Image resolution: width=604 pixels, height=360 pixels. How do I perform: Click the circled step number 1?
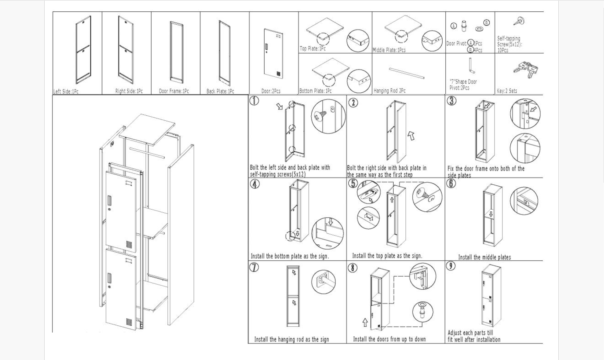click(254, 101)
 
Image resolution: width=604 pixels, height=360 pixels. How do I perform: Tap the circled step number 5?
click(353, 183)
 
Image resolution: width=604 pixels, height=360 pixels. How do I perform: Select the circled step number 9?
click(451, 266)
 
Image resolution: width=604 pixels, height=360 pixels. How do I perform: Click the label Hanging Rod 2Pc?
click(390, 91)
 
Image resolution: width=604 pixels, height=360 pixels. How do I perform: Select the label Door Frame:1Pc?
click(174, 91)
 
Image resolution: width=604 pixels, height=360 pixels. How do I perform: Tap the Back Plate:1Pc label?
click(220, 91)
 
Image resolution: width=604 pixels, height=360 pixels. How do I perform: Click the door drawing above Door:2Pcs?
click(274, 52)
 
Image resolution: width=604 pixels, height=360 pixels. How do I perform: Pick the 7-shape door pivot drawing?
click(472, 66)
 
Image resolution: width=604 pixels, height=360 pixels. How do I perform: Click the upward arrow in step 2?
click(411, 136)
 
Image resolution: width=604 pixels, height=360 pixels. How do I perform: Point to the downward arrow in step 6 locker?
click(491, 214)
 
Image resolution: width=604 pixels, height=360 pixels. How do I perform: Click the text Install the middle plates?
click(484, 257)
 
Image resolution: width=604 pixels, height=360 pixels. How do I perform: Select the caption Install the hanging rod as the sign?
click(291, 339)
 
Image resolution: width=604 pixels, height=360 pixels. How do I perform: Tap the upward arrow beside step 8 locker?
click(365, 322)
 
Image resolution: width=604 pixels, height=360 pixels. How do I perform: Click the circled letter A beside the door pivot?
click(453, 26)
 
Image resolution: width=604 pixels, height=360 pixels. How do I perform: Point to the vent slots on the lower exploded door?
click(129, 322)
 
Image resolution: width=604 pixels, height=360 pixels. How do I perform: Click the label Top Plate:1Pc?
click(313, 49)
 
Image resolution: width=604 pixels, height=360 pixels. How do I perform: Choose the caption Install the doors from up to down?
click(389, 339)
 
